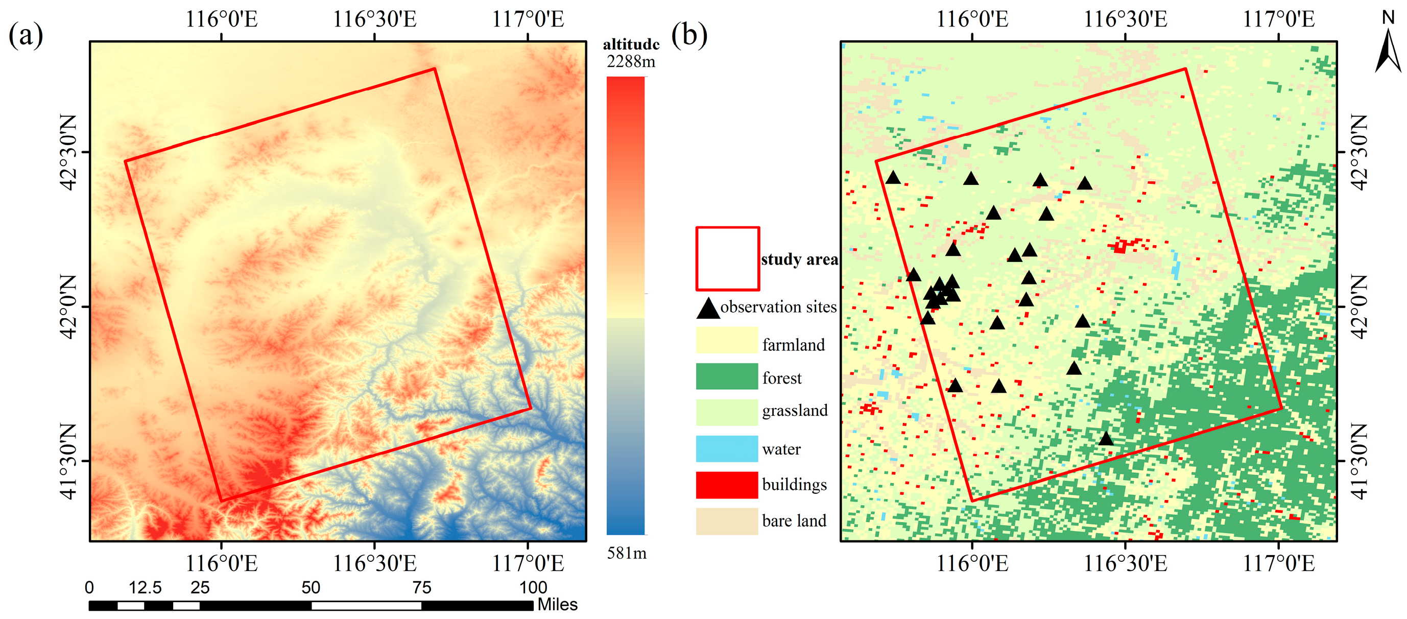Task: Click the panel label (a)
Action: [26, 36]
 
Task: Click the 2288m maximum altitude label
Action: [631, 62]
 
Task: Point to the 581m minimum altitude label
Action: [627, 554]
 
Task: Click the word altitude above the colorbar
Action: [631, 44]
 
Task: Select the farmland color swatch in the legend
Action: [726, 340]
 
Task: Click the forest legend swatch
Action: [726, 376]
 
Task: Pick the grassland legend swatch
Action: [726, 412]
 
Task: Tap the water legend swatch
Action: [726, 448]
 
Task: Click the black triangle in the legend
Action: [708, 308]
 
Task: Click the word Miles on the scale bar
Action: [557, 604]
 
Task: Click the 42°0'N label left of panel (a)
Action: [68, 306]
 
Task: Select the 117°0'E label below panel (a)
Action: [528, 563]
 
